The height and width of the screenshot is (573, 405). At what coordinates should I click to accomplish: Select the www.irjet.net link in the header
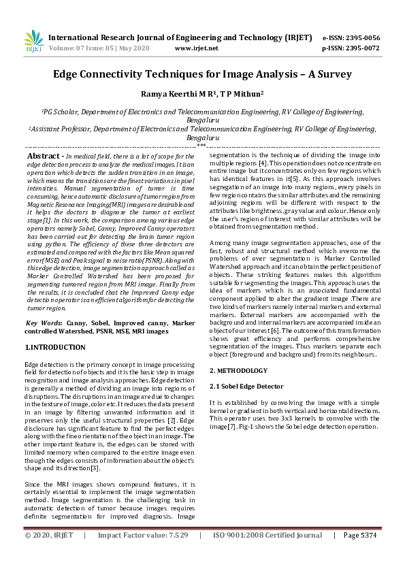196,48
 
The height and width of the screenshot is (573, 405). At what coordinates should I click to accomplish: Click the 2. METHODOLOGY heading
238,370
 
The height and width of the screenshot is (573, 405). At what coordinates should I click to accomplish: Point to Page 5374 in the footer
360,536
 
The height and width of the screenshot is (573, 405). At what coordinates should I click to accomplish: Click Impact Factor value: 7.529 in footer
142,536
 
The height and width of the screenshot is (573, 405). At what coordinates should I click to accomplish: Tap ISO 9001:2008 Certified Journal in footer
268,536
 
